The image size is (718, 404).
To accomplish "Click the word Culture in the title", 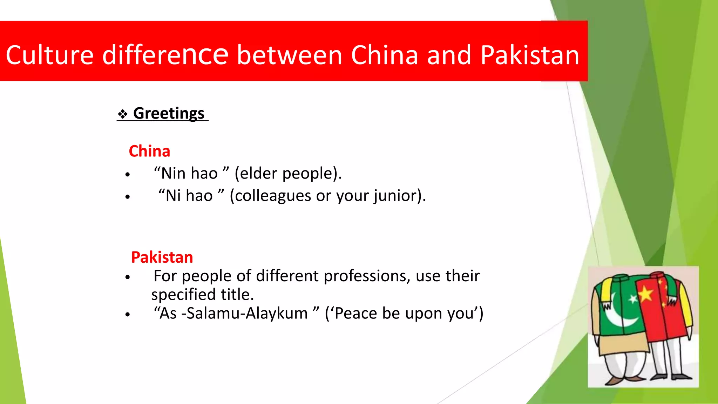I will [x=50, y=55].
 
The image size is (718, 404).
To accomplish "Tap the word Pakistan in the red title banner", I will [x=529, y=55].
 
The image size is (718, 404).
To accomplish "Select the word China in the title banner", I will [x=385, y=55].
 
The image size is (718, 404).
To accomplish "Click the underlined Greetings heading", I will [x=169, y=114].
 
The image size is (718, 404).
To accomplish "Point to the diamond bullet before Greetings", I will [x=122, y=114].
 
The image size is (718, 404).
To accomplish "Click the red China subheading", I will [x=149, y=151].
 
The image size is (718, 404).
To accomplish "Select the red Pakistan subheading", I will [x=162, y=257].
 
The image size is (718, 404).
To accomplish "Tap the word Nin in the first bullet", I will [x=173, y=174].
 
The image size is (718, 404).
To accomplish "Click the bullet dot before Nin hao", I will [x=128, y=174].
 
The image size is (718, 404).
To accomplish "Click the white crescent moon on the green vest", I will [x=619, y=314].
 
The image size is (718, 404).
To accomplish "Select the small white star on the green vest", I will [x=633, y=299].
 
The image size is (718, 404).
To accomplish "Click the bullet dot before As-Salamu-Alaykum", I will [x=128, y=315].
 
